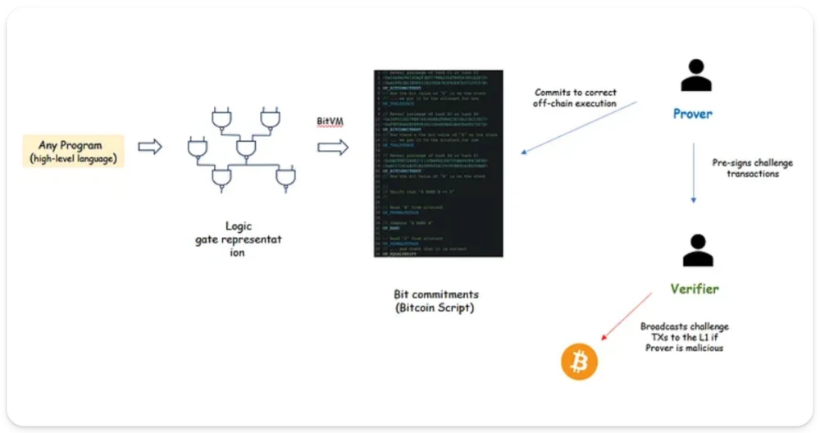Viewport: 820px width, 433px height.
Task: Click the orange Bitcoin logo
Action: pyautogui.click(x=579, y=362)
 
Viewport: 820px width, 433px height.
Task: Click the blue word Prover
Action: pyautogui.click(x=693, y=114)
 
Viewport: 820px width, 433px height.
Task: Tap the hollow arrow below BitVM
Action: pyautogui.click(x=332, y=148)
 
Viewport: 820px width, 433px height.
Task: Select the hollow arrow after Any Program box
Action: pyautogui.click(x=150, y=147)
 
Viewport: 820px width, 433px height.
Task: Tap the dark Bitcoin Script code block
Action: pyautogui.click(x=437, y=164)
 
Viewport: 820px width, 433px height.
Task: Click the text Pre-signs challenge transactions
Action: pyautogui.click(x=753, y=168)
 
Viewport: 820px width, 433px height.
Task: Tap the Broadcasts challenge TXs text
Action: pyautogui.click(x=684, y=336)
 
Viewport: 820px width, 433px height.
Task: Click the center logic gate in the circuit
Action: pyautogui.click(x=244, y=148)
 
